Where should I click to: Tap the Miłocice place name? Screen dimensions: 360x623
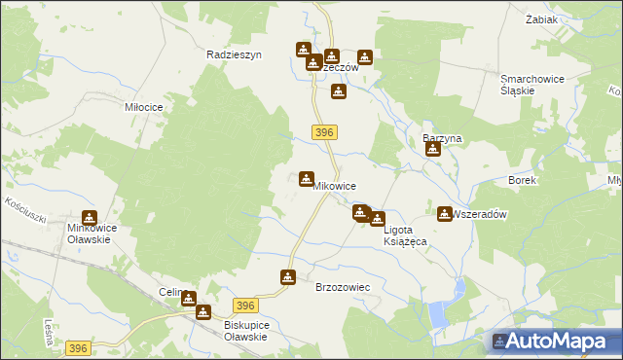142,106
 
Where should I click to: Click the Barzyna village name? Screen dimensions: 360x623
441,138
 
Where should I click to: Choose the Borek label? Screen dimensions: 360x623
523,181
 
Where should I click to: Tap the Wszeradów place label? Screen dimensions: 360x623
481,215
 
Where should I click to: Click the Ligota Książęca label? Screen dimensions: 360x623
406,235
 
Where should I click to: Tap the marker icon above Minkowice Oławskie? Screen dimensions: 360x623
90,218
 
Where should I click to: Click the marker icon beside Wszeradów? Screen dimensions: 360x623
445,214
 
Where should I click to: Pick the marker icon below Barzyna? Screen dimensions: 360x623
433,149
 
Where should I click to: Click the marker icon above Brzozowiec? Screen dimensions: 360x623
288,277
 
